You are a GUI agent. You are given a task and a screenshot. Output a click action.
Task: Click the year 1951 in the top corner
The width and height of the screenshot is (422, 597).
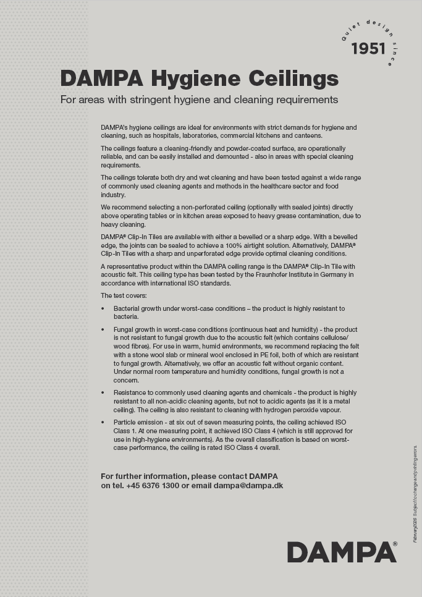coord(368,49)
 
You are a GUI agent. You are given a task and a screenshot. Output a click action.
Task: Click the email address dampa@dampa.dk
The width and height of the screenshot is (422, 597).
coord(248,486)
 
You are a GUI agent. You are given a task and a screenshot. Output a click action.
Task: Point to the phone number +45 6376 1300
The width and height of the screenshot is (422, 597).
coord(153,486)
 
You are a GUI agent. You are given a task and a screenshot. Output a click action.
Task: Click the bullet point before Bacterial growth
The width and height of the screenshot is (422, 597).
coord(103,308)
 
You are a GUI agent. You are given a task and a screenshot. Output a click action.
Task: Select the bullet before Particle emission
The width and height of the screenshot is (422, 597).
coord(103,422)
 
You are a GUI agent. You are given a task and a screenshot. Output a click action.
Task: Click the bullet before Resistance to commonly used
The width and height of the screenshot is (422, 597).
coord(103,393)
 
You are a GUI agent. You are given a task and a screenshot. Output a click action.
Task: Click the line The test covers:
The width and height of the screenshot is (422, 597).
coord(124,295)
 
